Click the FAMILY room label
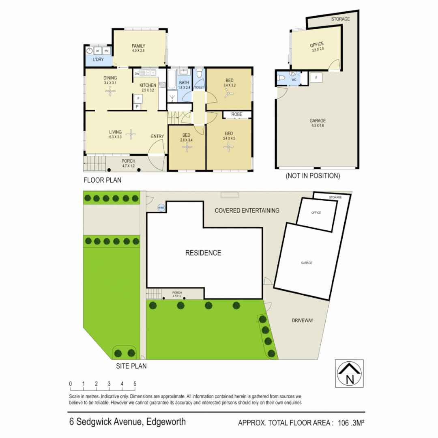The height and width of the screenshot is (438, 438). pos(138,46)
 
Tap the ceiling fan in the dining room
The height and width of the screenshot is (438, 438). pos(110,92)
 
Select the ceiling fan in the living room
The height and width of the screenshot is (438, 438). pos(131,133)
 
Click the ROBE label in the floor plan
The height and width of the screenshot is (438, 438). pos(237,114)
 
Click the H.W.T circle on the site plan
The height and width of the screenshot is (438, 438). pos(161,208)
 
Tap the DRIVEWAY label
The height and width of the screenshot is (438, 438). pos(303,320)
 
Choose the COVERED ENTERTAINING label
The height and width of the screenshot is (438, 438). pos(247,210)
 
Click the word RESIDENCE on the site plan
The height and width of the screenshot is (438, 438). pos(203,253)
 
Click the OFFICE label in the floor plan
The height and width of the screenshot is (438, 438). pos(317,45)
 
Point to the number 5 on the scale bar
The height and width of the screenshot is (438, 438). pos(135,384)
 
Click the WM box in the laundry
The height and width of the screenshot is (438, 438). pos(106,51)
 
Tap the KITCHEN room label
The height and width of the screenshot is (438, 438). pos(148,85)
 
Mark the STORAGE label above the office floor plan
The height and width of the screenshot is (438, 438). pos(340,19)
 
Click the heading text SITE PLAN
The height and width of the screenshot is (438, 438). pos(131,366)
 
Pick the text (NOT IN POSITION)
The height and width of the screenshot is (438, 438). pos(313,176)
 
